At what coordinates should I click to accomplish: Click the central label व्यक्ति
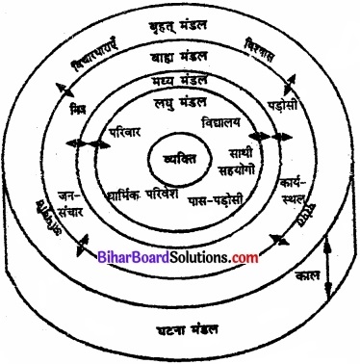181,158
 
